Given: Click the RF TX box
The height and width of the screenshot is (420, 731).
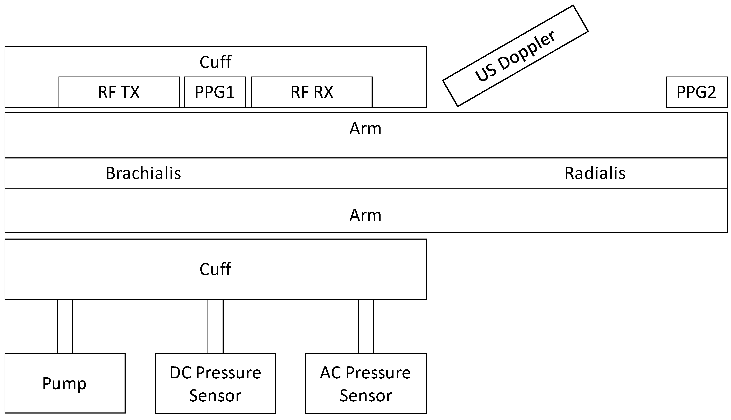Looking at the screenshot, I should [x=119, y=92].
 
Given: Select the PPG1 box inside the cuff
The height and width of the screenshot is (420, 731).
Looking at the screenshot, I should [x=215, y=92].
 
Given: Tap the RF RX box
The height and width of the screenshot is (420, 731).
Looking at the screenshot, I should [x=312, y=92].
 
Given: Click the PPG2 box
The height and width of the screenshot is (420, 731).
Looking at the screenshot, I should [x=696, y=92].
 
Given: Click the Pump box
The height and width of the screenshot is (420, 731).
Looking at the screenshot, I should [x=65, y=383].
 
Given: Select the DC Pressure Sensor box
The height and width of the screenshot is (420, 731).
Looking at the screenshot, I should [x=215, y=383].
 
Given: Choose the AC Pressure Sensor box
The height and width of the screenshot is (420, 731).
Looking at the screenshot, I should [x=365, y=383].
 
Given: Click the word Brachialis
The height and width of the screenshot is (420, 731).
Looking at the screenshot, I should [x=143, y=173].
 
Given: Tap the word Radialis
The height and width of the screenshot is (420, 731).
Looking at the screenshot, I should [x=595, y=173].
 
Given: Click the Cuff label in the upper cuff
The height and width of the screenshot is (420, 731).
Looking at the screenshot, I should [x=215, y=62].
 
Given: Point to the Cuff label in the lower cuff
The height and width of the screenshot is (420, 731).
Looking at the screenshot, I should [x=215, y=269].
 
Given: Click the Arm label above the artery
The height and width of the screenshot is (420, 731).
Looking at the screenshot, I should [x=365, y=128].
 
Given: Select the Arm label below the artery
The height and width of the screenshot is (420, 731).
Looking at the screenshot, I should [x=365, y=215].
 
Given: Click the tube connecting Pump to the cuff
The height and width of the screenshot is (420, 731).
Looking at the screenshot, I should [x=65, y=326].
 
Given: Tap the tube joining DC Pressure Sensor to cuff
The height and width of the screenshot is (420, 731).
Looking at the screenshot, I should [x=215, y=326].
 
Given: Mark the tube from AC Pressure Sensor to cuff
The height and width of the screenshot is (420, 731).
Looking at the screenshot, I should [x=366, y=326].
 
